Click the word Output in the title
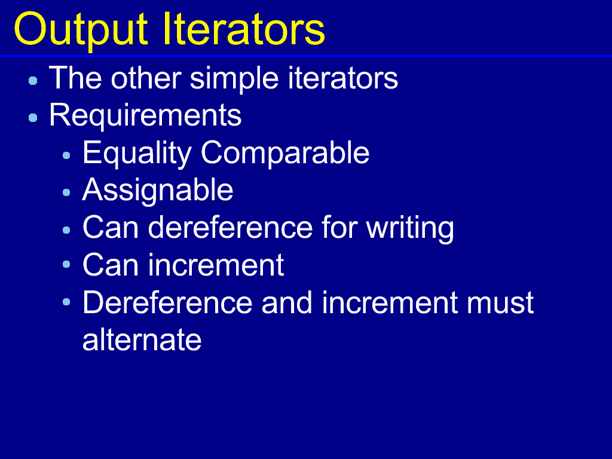click(x=81, y=30)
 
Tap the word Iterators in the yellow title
click(x=244, y=29)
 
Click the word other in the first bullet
click(x=146, y=78)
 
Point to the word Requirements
click(x=145, y=115)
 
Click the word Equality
click(x=137, y=154)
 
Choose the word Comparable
click(x=285, y=153)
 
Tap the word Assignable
click(x=158, y=191)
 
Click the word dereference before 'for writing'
click(x=230, y=227)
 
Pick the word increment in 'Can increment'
click(x=216, y=265)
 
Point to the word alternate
click(x=142, y=340)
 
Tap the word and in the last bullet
click(x=287, y=302)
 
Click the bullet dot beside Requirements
click(x=33, y=118)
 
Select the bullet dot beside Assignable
click(x=66, y=192)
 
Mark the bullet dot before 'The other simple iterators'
click(x=33, y=81)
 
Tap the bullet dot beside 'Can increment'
click(x=66, y=265)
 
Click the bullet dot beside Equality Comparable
click(x=66, y=156)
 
